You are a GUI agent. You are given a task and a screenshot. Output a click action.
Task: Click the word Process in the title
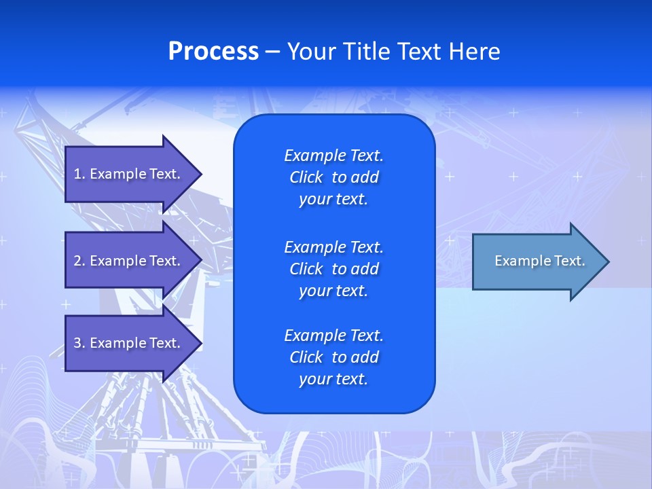click(x=213, y=52)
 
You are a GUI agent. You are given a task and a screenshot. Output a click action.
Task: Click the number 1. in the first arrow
click(x=79, y=174)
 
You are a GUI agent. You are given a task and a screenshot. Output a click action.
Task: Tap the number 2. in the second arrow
click(x=79, y=261)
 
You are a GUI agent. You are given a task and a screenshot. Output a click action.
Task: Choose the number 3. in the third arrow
click(x=79, y=343)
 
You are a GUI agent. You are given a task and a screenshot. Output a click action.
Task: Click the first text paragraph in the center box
click(x=333, y=177)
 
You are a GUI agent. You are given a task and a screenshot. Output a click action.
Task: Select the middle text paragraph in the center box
click(x=333, y=268)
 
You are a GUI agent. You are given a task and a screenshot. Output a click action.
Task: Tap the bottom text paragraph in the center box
click(x=333, y=357)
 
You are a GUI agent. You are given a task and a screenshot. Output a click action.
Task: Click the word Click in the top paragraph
click(x=306, y=177)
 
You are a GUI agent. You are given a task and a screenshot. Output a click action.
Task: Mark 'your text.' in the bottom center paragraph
click(x=333, y=379)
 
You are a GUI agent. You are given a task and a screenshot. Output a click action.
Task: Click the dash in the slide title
click(x=273, y=52)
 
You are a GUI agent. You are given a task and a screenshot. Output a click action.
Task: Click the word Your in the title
click(x=310, y=52)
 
